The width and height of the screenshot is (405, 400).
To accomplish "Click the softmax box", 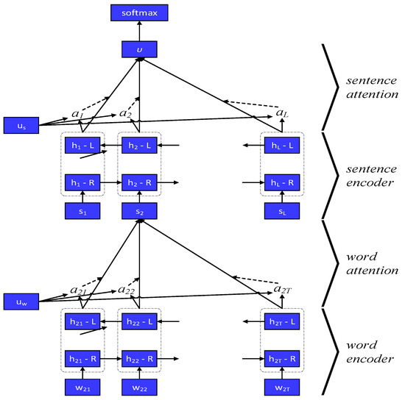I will pos(138,12).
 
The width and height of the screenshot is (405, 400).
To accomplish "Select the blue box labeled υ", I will pos(138,50).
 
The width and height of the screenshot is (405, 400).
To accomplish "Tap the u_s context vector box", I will pos(19,125).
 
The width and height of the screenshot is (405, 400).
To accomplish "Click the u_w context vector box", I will pos(19,301).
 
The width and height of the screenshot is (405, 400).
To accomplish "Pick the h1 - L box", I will pos(82,146).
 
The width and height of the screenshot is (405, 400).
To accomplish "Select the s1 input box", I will pos(82,212).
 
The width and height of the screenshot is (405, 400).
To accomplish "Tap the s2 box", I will pos(139,212).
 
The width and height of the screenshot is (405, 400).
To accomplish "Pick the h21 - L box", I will pos(82,322).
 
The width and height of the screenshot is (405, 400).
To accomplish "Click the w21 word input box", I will pos(82,387).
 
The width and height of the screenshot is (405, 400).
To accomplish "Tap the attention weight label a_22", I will pos(127,290).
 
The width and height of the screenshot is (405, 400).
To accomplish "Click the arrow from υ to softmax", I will pos(138,31).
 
